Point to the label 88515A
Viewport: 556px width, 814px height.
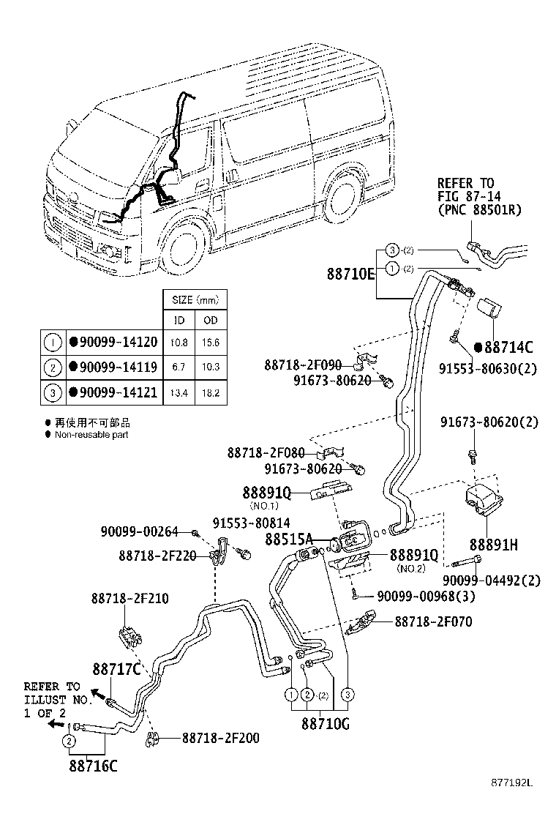point(289,539)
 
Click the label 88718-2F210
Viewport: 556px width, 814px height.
point(129,598)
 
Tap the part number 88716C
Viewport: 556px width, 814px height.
point(93,766)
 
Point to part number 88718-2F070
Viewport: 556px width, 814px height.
point(433,621)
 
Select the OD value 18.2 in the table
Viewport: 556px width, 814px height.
point(211,393)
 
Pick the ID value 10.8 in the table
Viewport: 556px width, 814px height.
point(179,343)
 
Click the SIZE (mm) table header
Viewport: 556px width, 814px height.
point(195,300)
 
